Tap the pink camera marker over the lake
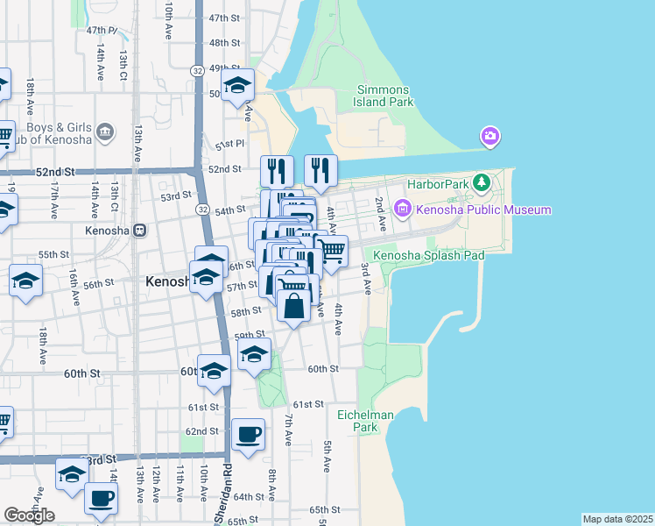[489, 136]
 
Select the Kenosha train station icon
[140, 231]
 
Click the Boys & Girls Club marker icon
[105, 132]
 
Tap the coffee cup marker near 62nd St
[248, 434]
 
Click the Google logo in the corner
[29, 515]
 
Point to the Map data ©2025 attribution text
[617, 519]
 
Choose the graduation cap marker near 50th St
[236, 85]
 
